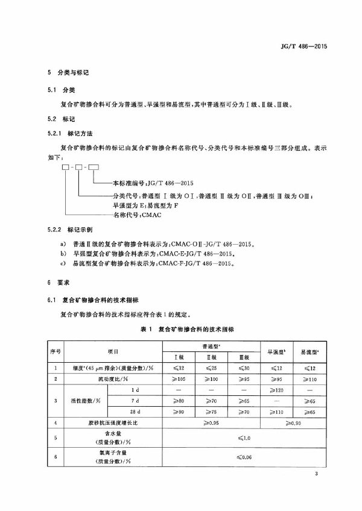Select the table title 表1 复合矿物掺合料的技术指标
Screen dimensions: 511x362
(x=180, y=330)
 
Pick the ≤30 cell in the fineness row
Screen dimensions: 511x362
(x=242, y=368)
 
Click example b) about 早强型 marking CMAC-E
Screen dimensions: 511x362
(x=144, y=255)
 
